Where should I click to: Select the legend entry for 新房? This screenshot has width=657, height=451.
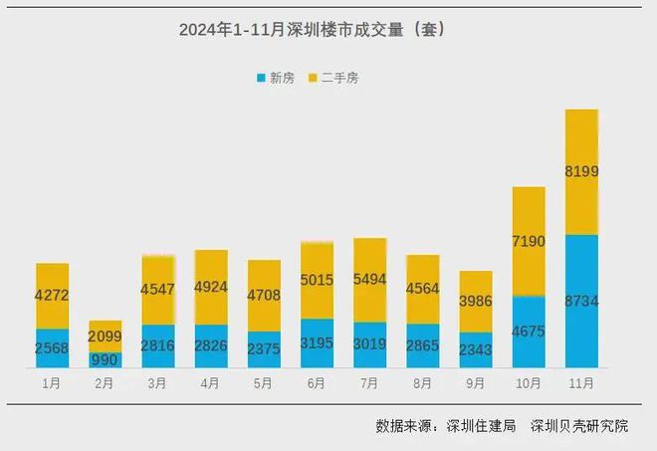(x=279, y=77)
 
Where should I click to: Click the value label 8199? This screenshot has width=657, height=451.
(x=581, y=171)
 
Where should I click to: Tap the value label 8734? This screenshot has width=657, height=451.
(x=581, y=302)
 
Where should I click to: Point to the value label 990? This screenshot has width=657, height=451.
(x=106, y=359)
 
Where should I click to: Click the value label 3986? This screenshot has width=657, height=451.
(x=476, y=302)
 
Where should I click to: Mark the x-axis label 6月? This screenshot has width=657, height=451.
(x=317, y=382)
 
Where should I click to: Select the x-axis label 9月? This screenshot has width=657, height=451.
(x=476, y=382)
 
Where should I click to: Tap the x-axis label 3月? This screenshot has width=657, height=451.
(x=158, y=382)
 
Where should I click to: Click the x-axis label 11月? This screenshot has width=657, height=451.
(x=581, y=382)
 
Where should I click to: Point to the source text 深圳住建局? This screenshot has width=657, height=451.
(x=482, y=426)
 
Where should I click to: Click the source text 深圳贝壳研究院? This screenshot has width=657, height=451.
(x=579, y=426)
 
